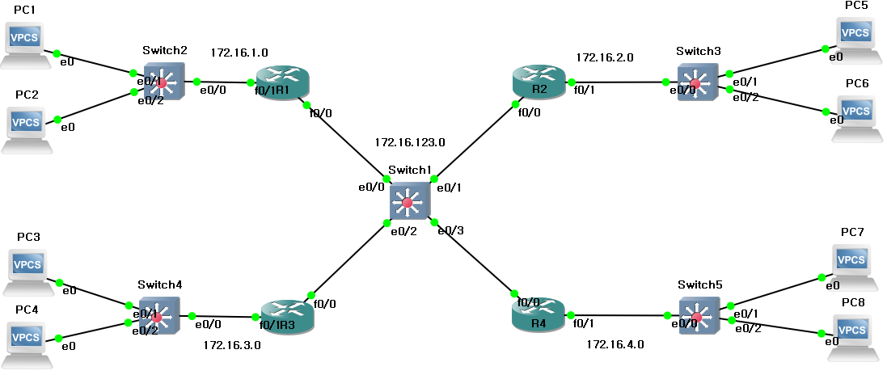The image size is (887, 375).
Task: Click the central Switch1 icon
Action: (409, 201)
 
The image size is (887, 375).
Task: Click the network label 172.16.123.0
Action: (410, 142)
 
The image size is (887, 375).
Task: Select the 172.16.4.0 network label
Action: (615, 344)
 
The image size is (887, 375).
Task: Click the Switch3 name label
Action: (699, 51)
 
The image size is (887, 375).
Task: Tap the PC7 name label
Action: (852, 232)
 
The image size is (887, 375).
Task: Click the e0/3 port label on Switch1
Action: (450, 231)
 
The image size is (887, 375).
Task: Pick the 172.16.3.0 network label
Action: (231, 344)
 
